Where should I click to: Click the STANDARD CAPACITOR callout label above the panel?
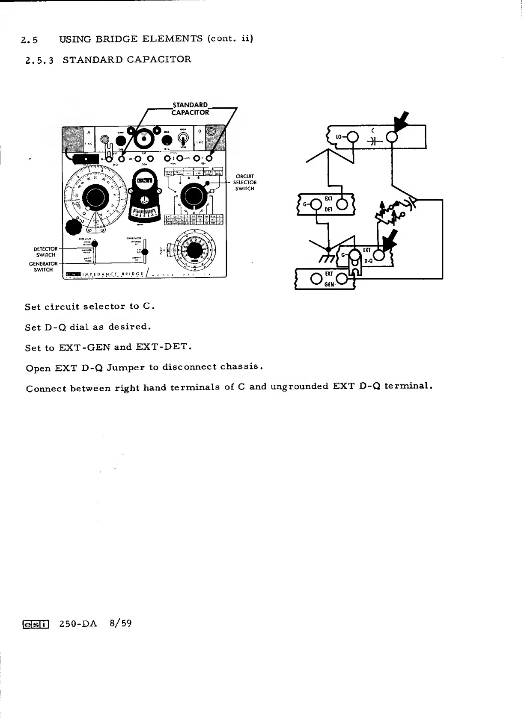pos(190,109)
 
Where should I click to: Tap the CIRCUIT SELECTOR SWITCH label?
pos(244,183)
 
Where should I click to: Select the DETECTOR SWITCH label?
pos(46,252)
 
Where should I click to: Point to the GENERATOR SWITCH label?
pos(43,267)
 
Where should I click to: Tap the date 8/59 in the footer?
pos(121,623)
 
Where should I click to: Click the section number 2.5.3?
pos(39,60)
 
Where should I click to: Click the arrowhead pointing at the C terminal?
pos(401,122)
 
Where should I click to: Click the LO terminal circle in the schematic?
pos(352,137)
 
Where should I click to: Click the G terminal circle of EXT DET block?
pos(316,205)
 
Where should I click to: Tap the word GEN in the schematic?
pos(329,284)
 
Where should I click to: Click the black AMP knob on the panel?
pos(121,141)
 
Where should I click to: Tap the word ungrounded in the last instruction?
pos(299,387)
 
